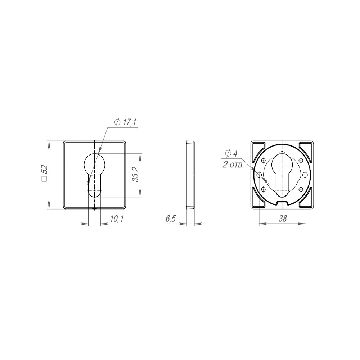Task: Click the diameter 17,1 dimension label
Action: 125,122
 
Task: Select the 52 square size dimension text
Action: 45,171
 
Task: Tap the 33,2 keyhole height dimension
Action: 136,175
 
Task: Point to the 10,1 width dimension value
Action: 117,219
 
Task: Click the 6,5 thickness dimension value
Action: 170,219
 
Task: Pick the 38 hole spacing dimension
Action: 283,219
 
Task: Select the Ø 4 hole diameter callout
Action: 231,153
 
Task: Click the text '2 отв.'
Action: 233,165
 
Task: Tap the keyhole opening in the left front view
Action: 94,175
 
